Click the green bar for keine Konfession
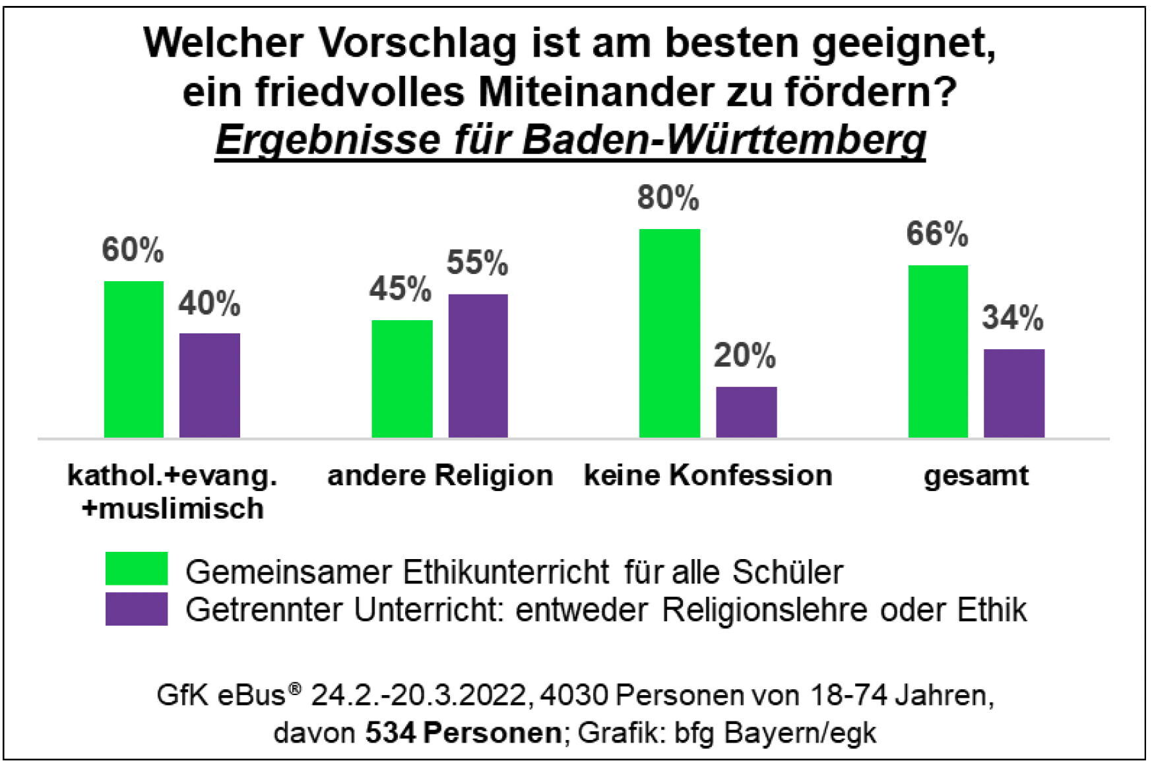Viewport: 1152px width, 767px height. pos(670,333)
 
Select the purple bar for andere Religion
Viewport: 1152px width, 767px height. pos(478,366)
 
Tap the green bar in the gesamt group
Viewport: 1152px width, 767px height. pos(938,351)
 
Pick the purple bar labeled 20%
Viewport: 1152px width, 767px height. pos(746,412)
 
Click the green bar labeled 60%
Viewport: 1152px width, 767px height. pos(134,359)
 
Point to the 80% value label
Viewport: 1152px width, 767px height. pos(668,198)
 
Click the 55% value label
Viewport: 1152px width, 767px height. pos(477,263)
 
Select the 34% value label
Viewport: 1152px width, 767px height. pos(1012,318)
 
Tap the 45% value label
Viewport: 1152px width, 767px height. pos(400,289)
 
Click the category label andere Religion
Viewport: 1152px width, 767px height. pos(440,475)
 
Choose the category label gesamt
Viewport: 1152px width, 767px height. pos(976,475)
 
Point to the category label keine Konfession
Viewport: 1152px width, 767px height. pos(708,475)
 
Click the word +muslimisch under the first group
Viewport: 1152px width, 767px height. pos(173,508)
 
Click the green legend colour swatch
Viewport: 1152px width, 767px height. pos(137,569)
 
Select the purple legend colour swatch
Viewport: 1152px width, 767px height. pos(137,609)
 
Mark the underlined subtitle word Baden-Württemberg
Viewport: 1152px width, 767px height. pos(724,139)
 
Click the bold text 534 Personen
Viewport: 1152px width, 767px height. pos(463,733)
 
